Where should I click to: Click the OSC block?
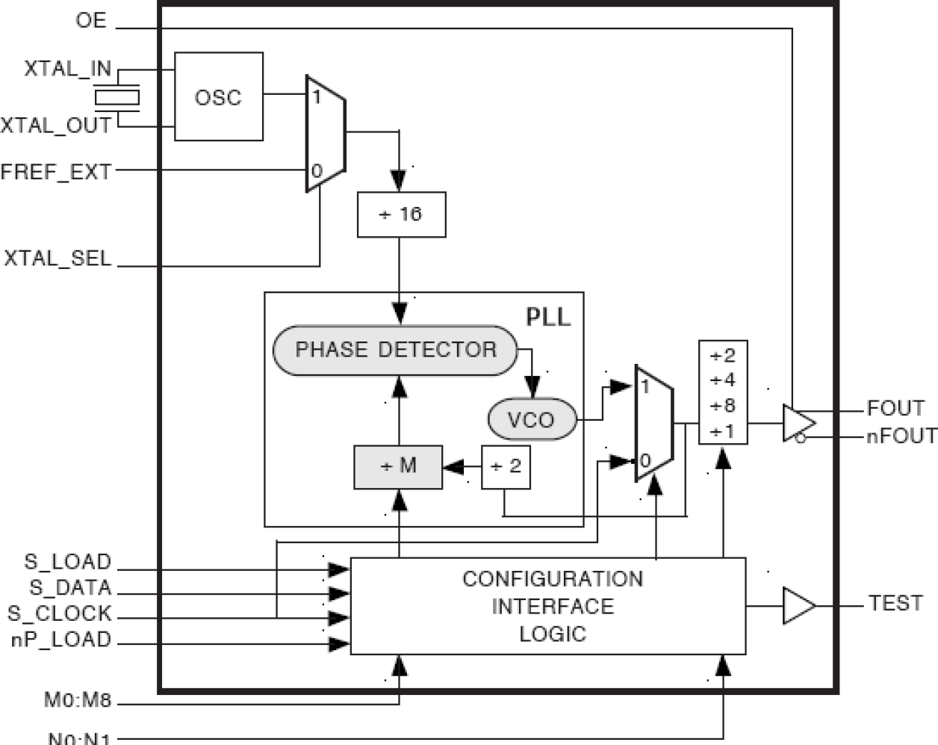point(218,96)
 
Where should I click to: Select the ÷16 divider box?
point(401,214)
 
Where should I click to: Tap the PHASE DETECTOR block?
point(395,350)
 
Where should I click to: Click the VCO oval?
point(532,420)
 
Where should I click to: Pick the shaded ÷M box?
point(398,467)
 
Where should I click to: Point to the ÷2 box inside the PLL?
point(506,467)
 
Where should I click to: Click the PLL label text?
point(547,317)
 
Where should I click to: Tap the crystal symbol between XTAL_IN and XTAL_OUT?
point(117,97)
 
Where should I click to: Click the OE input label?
point(91,20)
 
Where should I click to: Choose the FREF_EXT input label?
point(56,172)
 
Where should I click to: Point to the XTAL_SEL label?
point(58,259)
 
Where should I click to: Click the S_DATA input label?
point(70,588)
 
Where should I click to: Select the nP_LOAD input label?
point(61,640)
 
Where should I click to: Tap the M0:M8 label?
point(77,700)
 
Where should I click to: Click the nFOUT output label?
point(901,436)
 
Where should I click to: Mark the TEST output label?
point(895,603)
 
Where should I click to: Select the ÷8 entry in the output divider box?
point(723,406)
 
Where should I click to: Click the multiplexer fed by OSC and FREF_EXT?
point(325,134)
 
